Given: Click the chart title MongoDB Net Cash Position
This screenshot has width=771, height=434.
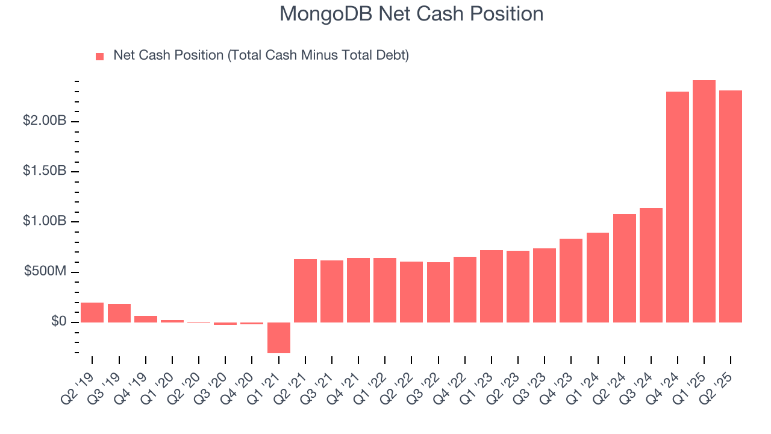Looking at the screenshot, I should coord(411,14).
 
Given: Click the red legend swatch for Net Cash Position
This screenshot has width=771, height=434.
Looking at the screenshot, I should coord(100,56).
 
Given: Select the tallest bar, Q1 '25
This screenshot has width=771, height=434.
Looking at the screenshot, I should coord(704,201).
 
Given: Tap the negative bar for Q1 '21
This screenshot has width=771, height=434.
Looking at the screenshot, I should coord(278,338).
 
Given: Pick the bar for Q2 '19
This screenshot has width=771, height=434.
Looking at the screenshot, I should coord(92,312).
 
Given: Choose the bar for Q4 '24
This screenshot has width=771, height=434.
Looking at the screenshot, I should coord(677,207).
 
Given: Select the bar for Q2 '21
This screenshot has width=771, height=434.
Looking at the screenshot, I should coord(305,291).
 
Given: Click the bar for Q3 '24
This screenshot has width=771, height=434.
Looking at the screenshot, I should coord(651,265).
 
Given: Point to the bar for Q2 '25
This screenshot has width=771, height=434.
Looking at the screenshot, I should coord(730,206).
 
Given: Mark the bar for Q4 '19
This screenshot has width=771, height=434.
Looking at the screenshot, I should coord(145,319).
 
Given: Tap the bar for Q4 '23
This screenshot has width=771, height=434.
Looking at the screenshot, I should coord(570,280).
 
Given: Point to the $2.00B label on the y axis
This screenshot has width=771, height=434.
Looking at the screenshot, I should coord(45,121).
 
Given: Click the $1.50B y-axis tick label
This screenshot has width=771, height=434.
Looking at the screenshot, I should coord(45,172).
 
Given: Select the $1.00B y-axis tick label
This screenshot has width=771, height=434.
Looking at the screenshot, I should coord(45,222).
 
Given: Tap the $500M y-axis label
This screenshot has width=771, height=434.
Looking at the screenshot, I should coord(45,272).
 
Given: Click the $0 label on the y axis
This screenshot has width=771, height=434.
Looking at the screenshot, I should coord(58,322).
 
